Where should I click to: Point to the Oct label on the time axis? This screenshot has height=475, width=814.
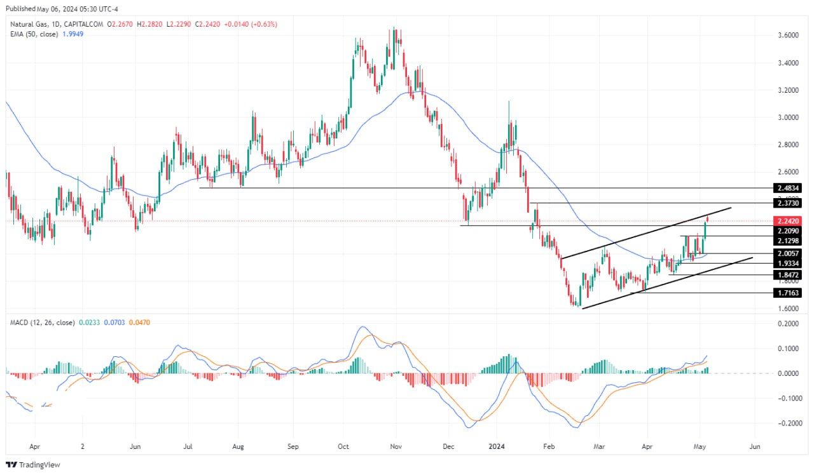(x=344, y=446)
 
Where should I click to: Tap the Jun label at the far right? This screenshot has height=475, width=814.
(x=755, y=446)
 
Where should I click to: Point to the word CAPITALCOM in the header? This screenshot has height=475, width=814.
(x=86, y=24)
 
